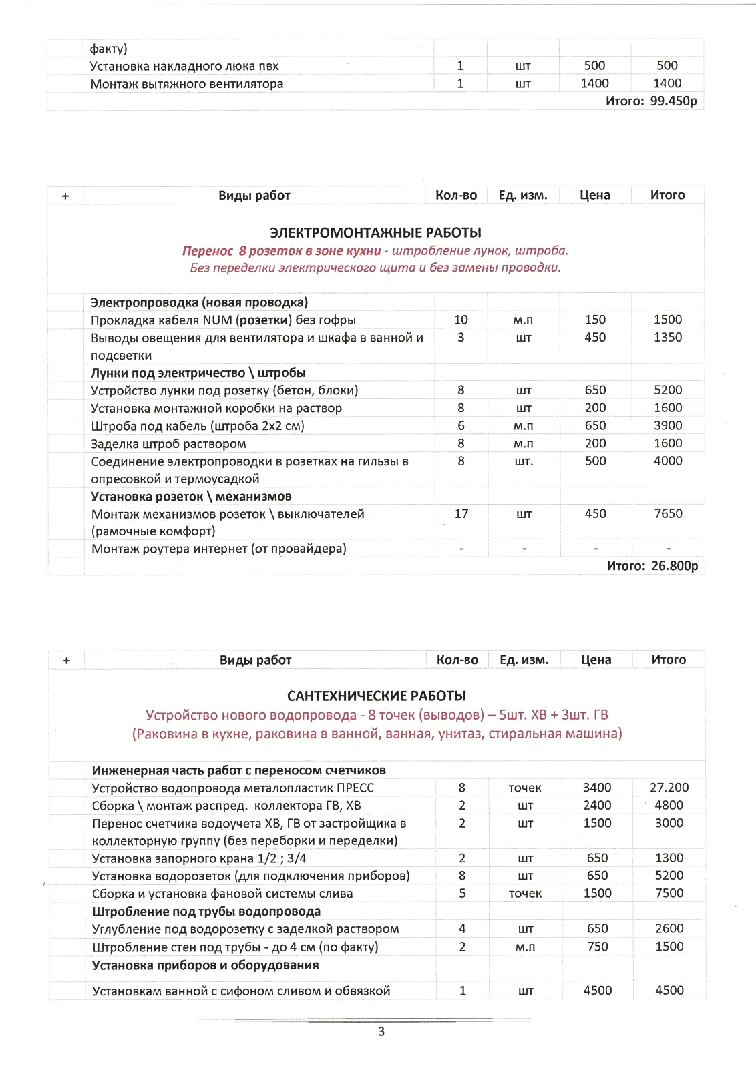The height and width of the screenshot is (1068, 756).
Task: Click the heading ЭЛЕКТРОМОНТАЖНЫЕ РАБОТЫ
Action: click(x=375, y=232)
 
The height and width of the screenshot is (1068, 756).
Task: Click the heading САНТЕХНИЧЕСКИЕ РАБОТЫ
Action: click(x=377, y=696)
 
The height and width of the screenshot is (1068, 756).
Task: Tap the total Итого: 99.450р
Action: click(x=651, y=101)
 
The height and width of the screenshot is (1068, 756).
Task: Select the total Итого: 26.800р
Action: click(x=652, y=565)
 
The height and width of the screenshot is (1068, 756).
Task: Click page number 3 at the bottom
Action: click(x=381, y=1031)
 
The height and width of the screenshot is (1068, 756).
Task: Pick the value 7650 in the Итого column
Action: click(x=668, y=513)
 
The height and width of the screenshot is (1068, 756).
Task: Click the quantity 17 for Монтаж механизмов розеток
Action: click(x=461, y=513)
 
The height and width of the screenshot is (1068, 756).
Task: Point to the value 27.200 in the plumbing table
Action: click(x=669, y=788)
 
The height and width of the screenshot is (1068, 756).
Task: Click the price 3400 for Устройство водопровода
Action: click(x=597, y=788)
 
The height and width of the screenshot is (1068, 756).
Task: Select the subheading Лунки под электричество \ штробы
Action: click(x=198, y=372)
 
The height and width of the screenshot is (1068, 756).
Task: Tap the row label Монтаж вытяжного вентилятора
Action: click(x=187, y=83)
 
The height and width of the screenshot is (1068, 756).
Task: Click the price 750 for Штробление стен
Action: click(x=597, y=947)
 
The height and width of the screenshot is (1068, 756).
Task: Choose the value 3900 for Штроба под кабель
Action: click(x=668, y=425)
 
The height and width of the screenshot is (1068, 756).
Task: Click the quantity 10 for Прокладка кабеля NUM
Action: click(x=461, y=320)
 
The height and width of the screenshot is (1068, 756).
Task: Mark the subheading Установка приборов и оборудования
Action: click(x=205, y=965)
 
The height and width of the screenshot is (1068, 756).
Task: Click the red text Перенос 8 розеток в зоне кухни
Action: click(x=281, y=250)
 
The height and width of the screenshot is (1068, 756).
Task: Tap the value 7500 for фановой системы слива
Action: click(x=669, y=893)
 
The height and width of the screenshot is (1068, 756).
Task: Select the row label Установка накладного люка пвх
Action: click(x=184, y=65)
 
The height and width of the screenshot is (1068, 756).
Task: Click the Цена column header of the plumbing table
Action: click(x=596, y=659)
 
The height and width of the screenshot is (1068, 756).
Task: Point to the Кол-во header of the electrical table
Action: click(x=456, y=195)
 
